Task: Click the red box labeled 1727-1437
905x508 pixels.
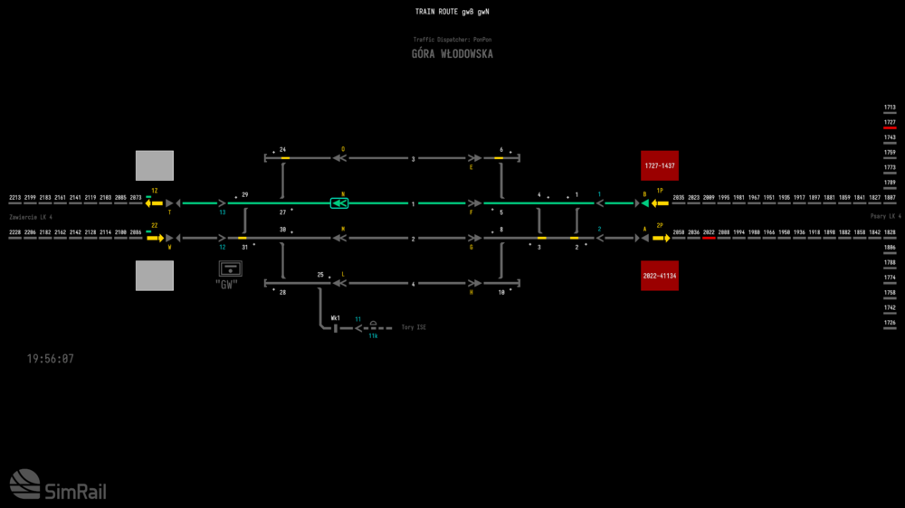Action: click(x=659, y=166)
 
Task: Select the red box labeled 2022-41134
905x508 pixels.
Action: click(x=660, y=276)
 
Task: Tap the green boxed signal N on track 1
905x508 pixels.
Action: click(x=339, y=203)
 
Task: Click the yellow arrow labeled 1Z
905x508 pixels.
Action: click(x=154, y=203)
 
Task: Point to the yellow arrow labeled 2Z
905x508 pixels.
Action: click(x=154, y=239)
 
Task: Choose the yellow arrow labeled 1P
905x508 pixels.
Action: click(x=660, y=203)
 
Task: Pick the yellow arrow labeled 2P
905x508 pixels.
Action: click(x=660, y=239)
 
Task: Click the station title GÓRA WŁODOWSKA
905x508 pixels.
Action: click(x=452, y=54)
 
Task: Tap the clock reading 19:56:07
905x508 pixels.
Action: click(x=51, y=359)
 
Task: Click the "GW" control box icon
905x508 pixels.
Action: click(x=230, y=268)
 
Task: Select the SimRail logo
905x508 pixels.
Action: click(x=58, y=485)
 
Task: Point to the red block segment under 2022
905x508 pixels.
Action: click(x=709, y=238)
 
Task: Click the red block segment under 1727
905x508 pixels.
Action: click(x=890, y=128)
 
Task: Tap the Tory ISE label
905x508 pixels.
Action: click(x=414, y=327)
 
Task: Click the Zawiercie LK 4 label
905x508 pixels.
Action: click(x=31, y=218)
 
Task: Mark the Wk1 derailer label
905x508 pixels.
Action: click(x=336, y=318)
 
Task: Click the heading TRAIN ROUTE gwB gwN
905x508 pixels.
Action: click(x=452, y=12)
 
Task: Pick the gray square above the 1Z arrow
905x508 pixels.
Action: click(x=155, y=166)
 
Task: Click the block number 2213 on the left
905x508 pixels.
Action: click(x=15, y=197)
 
